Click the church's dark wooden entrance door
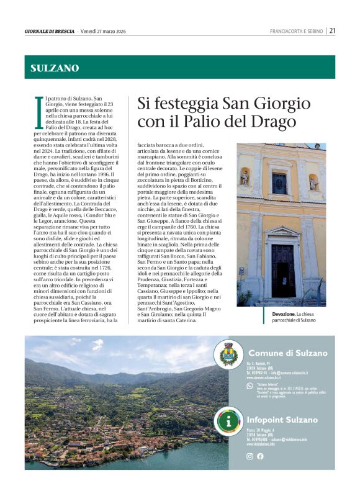point(282,271)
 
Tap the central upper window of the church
point(280,183)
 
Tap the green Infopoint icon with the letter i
point(230,421)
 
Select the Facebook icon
point(260,456)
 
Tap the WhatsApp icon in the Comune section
point(250,386)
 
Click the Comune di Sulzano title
point(287,353)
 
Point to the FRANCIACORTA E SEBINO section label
point(297,31)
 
